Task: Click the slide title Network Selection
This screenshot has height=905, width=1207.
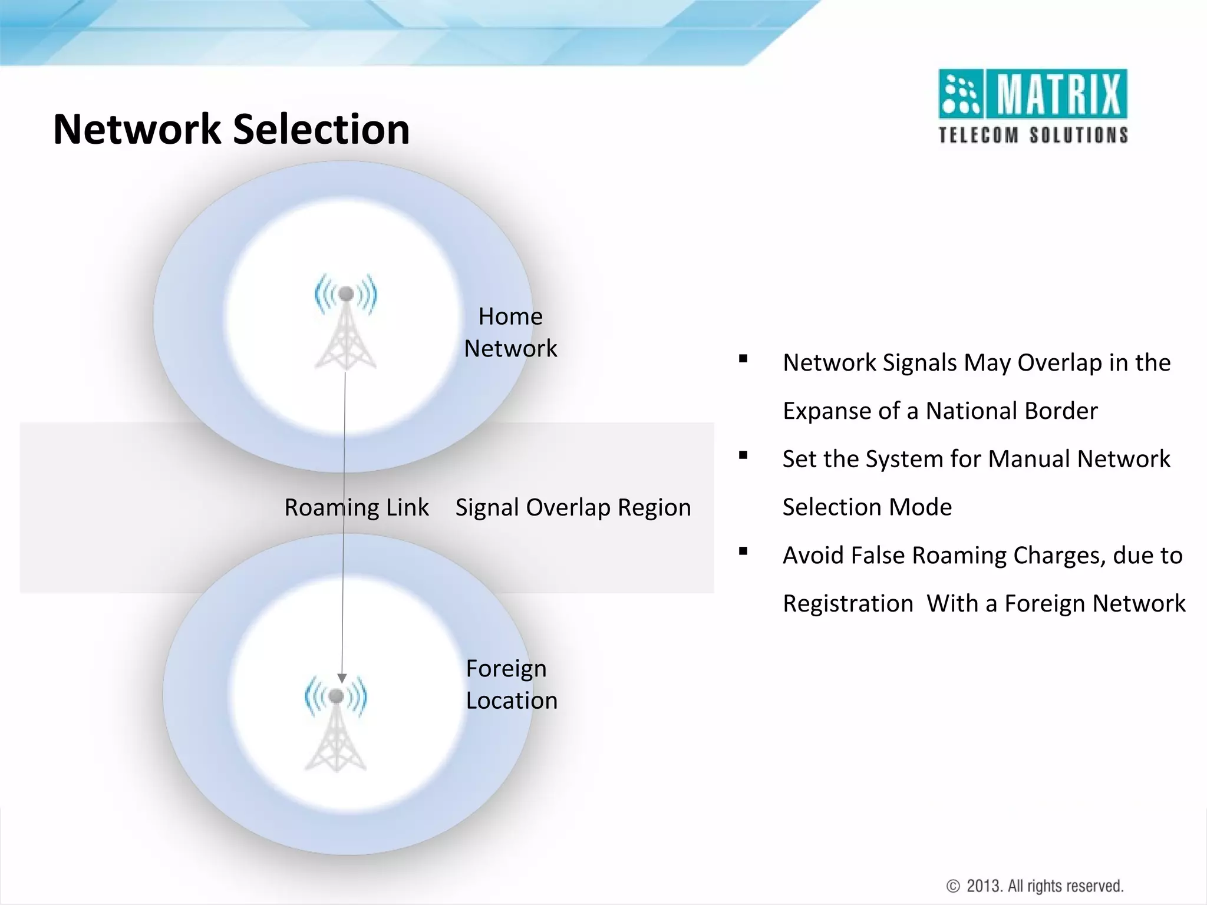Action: [x=231, y=129]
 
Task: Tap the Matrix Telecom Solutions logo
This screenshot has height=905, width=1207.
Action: [x=1033, y=106]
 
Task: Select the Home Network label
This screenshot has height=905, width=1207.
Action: [x=510, y=332]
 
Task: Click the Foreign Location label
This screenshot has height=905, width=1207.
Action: [x=511, y=685]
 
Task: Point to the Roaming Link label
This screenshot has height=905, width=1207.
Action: [x=357, y=507]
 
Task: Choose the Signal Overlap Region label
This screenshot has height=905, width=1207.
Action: [x=573, y=507]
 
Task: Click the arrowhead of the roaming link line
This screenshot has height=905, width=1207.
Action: [x=342, y=678]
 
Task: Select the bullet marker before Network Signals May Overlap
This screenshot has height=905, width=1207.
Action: [x=743, y=359]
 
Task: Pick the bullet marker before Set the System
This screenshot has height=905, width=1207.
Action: [x=743, y=455]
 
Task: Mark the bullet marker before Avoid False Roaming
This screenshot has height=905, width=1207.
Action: [x=743, y=551]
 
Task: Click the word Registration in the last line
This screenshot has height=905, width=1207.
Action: [x=847, y=604]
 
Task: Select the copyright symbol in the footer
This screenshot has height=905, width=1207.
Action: [x=952, y=886]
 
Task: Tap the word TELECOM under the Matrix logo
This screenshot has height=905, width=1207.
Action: [x=978, y=136]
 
